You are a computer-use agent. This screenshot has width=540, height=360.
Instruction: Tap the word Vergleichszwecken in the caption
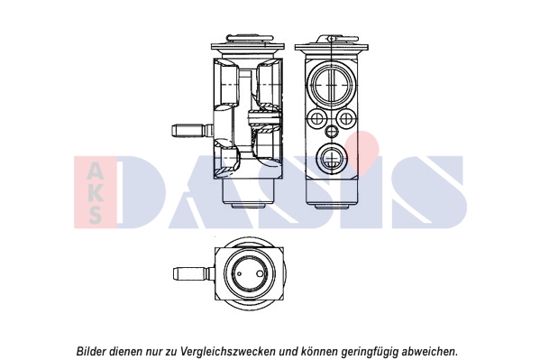click(x=228, y=352)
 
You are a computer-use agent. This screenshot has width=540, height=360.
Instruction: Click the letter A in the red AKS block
click(x=95, y=171)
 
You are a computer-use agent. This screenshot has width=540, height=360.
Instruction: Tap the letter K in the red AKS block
click(x=95, y=193)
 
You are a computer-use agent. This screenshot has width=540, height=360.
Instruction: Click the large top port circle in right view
click(x=331, y=84)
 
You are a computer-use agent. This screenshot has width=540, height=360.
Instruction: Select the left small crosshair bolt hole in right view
click(x=316, y=118)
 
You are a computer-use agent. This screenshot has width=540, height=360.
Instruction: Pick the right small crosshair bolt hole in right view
click(x=345, y=118)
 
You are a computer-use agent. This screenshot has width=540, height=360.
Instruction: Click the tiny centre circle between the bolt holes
click(x=332, y=131)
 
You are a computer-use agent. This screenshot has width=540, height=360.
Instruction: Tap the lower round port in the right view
click(x=332, y=158)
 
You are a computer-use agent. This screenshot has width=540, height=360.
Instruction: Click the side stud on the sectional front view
click(x=192, y=132)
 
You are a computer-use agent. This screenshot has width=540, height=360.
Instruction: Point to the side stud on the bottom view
click(x=194, y=274)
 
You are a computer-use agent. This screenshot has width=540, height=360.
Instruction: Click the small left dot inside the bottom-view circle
click(x=240, y=274)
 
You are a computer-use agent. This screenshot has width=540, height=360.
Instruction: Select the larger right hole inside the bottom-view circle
click(x=260, y=273)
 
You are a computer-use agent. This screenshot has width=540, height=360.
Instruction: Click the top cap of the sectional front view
click(x=248, y=45)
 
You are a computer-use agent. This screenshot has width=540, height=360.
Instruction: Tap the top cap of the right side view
click(x=332, y=45)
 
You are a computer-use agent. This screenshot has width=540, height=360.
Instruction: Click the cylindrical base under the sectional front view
click(x=248, y=193)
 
